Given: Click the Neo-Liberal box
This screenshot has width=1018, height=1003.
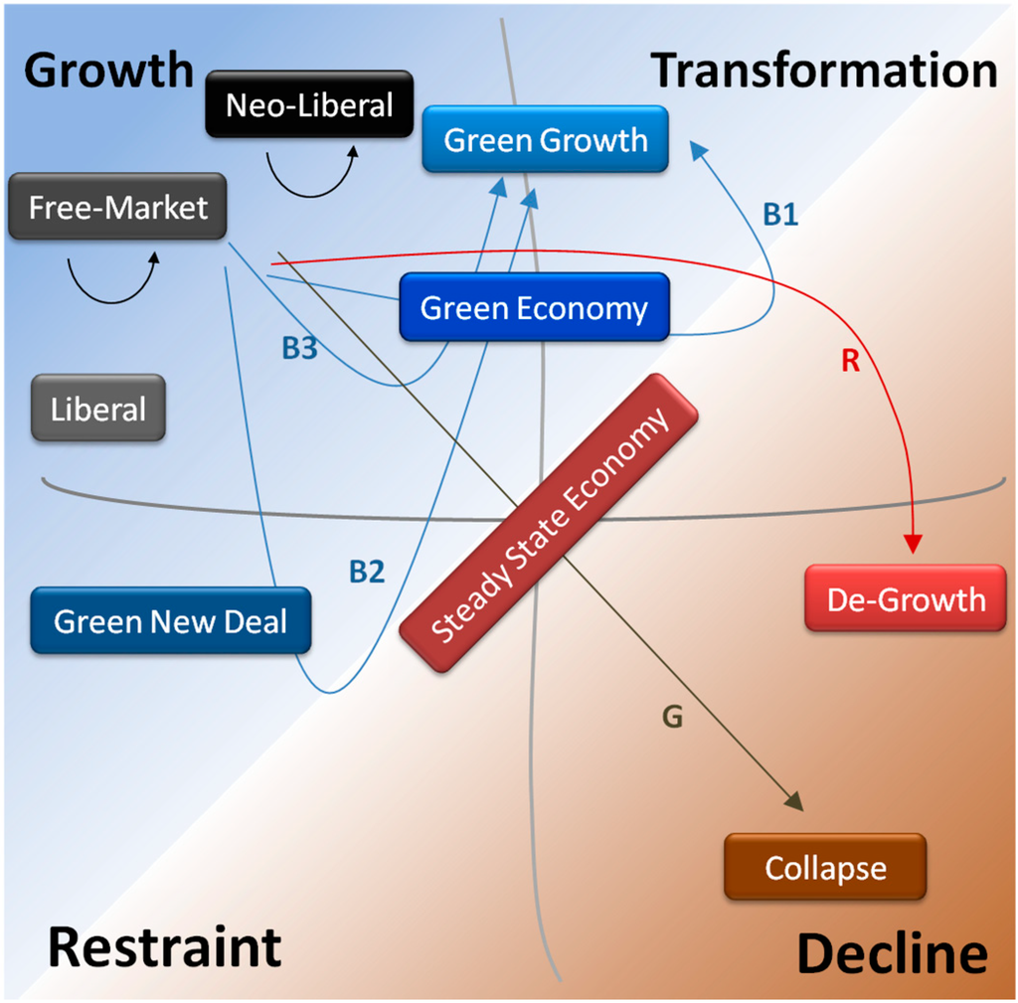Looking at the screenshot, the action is pyautogui.click(x=309, y=105).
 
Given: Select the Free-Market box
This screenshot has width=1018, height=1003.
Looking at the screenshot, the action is pyautogui.click(x=118, y=208).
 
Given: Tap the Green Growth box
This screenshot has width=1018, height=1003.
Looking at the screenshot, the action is pyautogui.click(x=545, y=140).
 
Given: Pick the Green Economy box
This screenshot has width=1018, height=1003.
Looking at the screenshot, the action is pyautogui.click(x=534, y=308).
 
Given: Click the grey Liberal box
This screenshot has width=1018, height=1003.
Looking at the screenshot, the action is pyautogui.click(x=98, y=409).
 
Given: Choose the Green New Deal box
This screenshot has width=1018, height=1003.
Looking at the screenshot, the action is pyautogui.click(x=170, y=622).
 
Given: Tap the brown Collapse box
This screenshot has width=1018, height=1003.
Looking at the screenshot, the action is pyautogui.click(x=825, y=868).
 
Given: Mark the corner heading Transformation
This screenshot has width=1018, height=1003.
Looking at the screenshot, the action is pyautogui.click(x=824, y=71).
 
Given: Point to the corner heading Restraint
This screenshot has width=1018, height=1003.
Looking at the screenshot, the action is pyautogui.click(x=165, y=946).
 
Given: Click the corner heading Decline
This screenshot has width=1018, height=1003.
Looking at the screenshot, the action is pyautogui.click(x=892, y=954).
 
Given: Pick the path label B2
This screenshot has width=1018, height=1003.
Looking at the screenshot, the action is pyautogui.click(x=366, y=572).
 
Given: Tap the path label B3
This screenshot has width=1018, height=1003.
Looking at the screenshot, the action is pyautogui.click(x=299, y=349).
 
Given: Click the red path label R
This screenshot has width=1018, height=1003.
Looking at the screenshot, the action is pyautogui.click(x=850, y=362).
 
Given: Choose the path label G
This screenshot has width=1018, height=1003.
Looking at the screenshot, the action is pyautogui.click(x=672, y=717).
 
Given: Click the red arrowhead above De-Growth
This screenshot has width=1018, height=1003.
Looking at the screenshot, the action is pyautogui.click(x=914, y=543).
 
